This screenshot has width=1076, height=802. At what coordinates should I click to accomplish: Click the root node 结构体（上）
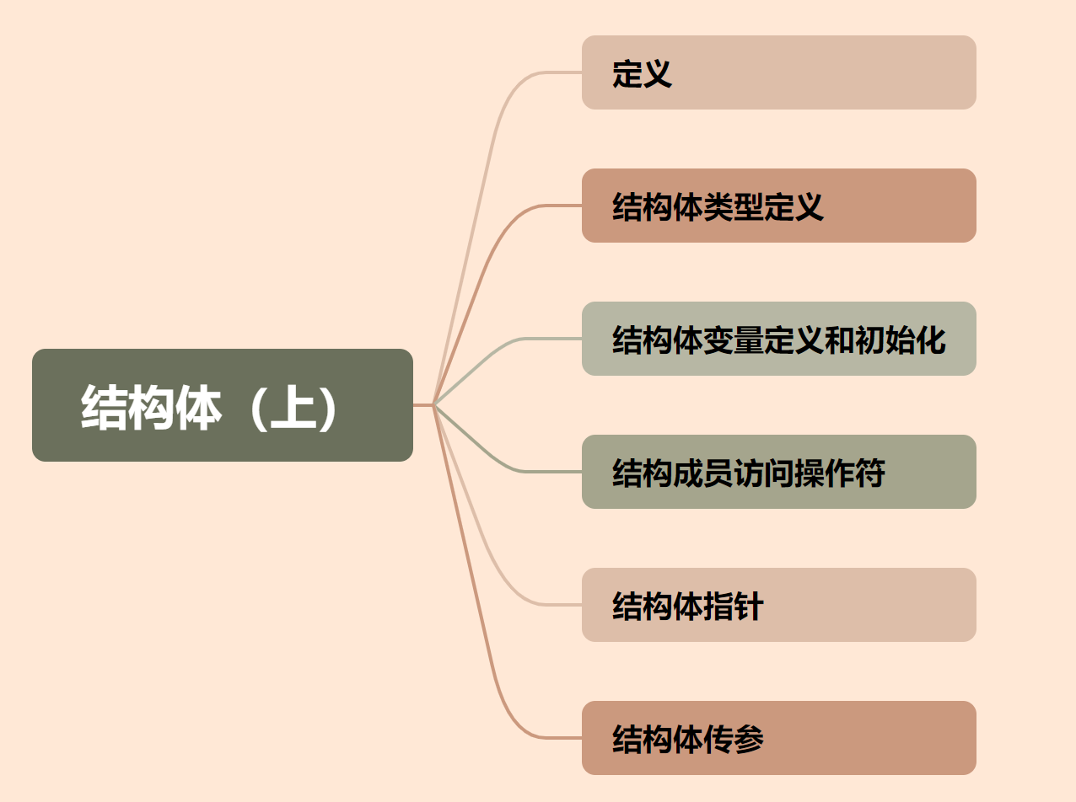[223, 405]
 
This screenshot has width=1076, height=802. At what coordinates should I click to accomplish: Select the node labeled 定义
[778, 72]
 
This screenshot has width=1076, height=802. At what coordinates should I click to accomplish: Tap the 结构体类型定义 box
[778, 206]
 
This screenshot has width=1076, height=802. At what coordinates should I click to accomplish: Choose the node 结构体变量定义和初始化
[778, 339]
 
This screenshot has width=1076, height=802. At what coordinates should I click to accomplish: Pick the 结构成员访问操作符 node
[778, 472]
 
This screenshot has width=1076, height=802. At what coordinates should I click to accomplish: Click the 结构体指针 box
[778, 605]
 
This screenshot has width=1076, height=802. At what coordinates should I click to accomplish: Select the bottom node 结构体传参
[778, 738]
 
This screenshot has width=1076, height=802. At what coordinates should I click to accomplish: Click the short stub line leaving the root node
[422, 405]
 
